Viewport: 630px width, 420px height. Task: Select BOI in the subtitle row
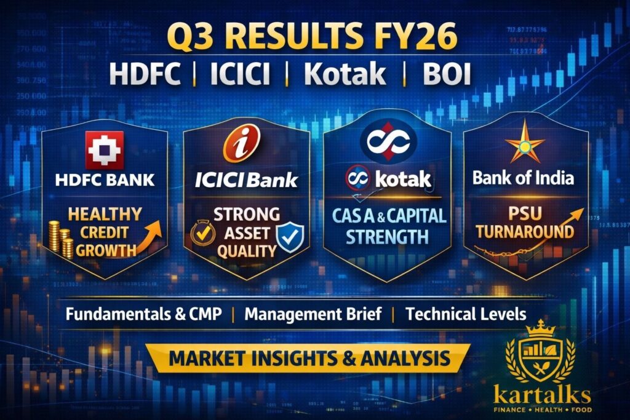[447, 74]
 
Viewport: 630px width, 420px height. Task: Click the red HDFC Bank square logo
[105, 149]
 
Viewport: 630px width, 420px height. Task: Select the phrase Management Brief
[313, 314]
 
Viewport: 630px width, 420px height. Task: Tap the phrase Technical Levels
[466, 314]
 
